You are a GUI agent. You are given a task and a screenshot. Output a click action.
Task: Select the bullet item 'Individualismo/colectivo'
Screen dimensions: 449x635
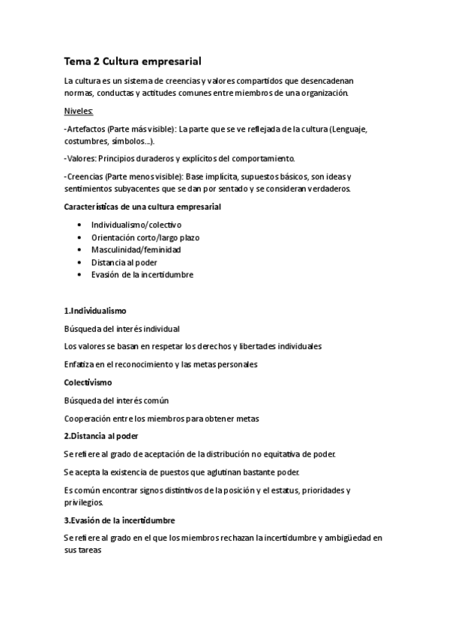(136, 225)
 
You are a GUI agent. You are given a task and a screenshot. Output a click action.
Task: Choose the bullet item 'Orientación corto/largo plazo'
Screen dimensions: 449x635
(145, 237)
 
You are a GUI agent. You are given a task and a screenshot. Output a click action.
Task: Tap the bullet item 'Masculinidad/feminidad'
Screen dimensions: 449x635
(136, 249)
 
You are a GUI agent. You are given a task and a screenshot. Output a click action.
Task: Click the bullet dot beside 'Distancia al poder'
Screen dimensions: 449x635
(79, 262)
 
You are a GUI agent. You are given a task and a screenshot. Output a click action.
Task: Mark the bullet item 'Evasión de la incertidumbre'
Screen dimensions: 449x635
(142, 274)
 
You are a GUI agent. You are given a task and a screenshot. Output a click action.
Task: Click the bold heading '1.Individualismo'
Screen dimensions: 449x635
(95, 310)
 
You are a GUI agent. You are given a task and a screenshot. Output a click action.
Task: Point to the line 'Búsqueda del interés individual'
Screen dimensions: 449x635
(122, 328)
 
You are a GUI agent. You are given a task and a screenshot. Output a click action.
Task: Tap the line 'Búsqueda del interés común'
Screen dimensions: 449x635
(116, 400)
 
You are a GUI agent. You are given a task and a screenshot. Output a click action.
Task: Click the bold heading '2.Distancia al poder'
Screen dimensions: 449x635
(101, 436)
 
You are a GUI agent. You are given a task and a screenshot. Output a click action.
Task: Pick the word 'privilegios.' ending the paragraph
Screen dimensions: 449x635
(85, 502)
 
